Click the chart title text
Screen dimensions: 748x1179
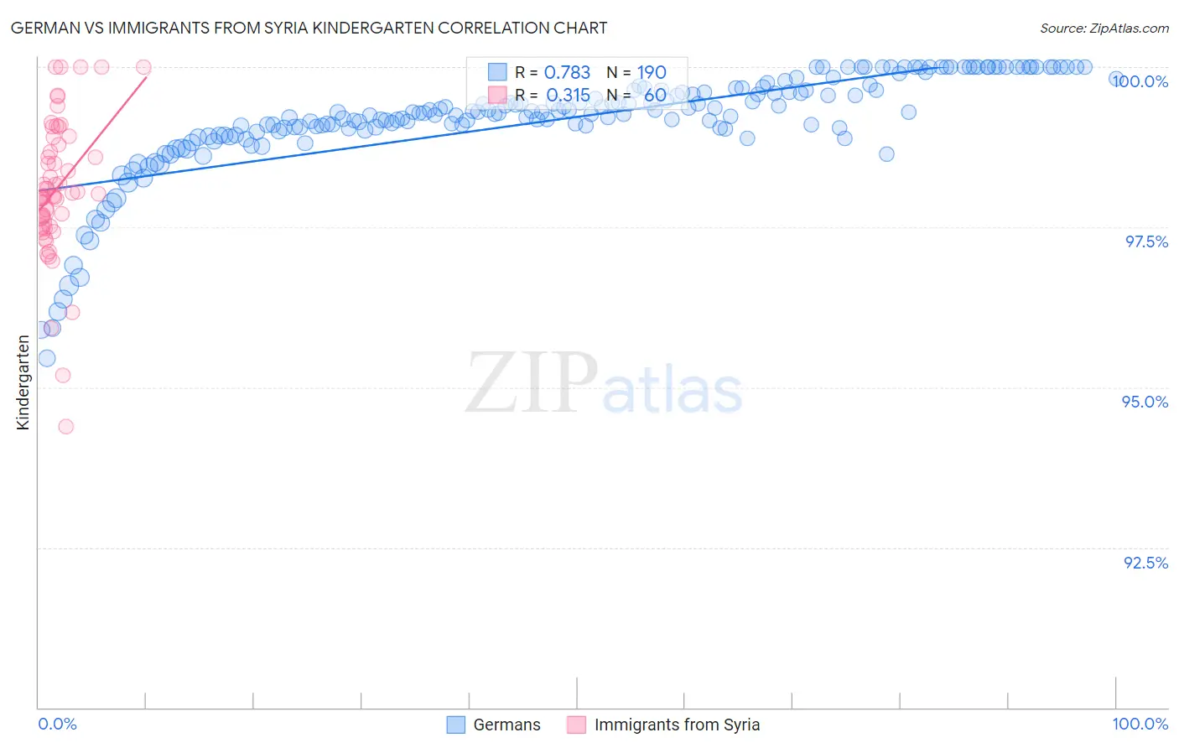coord(309,28)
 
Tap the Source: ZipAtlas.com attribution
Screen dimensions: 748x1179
coord(1104,28)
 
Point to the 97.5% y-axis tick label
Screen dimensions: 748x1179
coord(1146,242)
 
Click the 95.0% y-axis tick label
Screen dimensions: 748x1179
coord(1145,402)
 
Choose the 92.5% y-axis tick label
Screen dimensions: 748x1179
coord(1145,563)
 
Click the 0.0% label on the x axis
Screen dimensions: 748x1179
coord(57,724)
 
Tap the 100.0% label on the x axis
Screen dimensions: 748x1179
coord(1140,724)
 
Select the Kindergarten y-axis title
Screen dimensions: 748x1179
coord(23,382)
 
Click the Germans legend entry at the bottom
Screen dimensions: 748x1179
coord(506,725)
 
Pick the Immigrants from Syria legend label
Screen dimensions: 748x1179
coord(677,725)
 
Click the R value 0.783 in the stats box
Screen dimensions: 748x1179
coord(567,73)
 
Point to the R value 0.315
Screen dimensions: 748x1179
coord(568,96)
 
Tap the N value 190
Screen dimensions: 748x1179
coord(651,73)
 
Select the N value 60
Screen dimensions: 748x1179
coord(655,96)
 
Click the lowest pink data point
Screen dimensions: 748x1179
coord(65,427)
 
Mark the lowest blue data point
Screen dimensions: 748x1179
coord(47,358)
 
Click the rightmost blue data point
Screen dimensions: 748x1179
coord(1116,78)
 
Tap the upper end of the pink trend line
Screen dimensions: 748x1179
coord(147,76)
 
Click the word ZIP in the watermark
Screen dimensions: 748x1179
coord(532,382)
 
